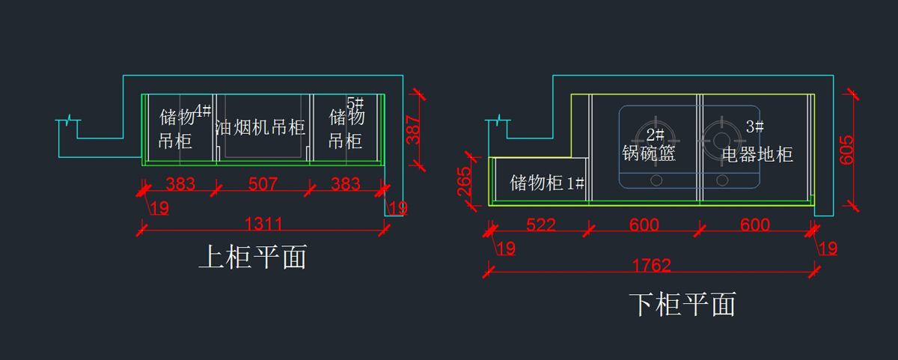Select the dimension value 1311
click(263, 223)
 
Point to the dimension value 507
click(263, 183)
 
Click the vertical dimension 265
click(465, 180)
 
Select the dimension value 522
click(540, 224)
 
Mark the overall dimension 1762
click(651, 265)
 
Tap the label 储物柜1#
click(547, 183)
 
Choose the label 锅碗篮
click(649, 153)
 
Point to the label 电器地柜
click(757, 155)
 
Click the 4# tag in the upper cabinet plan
click(202, 111)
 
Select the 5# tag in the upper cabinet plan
click(355, 102)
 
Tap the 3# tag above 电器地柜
click(755, 126)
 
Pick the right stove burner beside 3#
click(721, 138)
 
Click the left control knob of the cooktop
click(656, 180)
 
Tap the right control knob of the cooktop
click(722, 180)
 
